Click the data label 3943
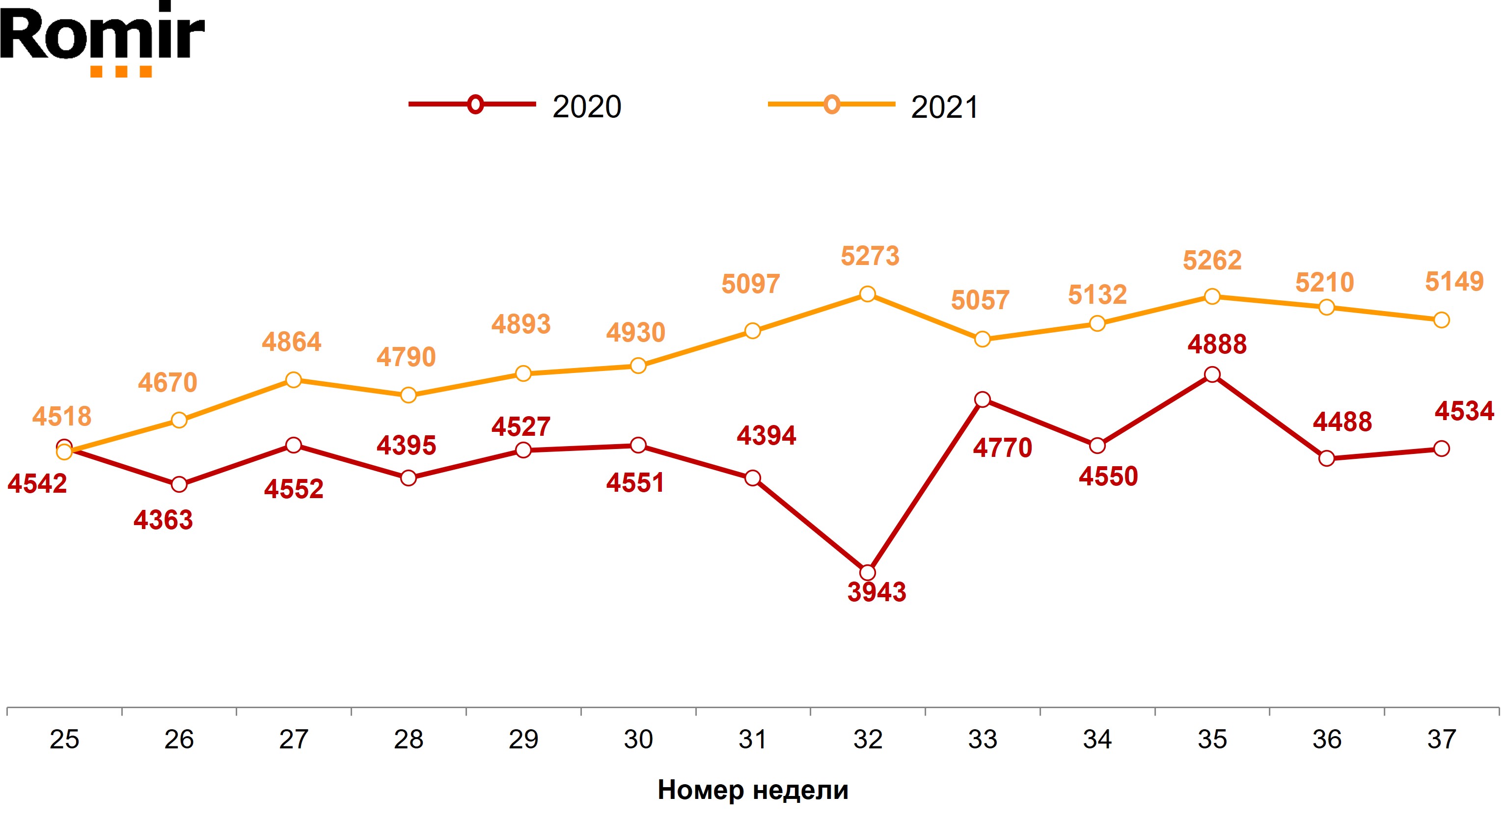click(876, 592)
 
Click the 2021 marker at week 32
click(868, 294)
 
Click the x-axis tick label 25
click(64, 740)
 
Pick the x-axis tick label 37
click(1442, 740)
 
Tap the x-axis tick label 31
click(752, 740)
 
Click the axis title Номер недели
click(752, 790)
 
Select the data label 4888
click(1217, 345)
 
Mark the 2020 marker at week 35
click(1212, 374)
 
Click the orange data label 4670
click(168, 383)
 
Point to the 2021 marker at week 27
click(294, 380)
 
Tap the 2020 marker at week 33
click(983, 399)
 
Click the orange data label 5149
click(1454, 282)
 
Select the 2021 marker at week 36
click(1326, 307)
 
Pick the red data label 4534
click(1464, 411)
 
